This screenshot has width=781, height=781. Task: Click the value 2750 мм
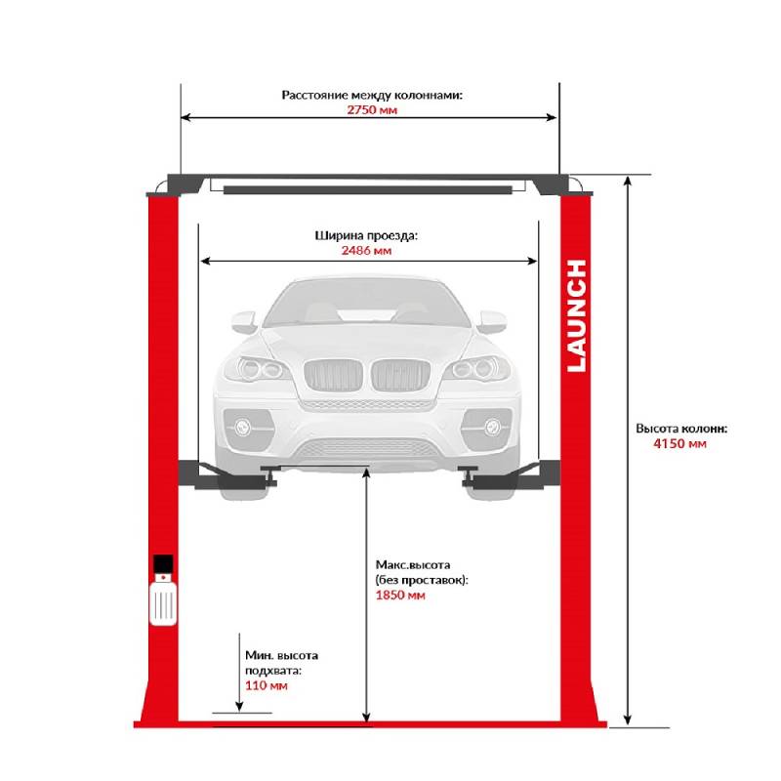(x=371, y=110)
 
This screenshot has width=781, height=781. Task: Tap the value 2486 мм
(x=368, y=251)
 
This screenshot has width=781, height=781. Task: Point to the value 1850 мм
(x=400, y=595)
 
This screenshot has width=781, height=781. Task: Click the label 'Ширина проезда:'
(x=368, y=235)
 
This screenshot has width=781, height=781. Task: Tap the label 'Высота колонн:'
(x=681, y=428)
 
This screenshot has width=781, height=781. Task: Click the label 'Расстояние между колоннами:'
(x=372, y=96)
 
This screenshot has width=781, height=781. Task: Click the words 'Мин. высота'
(x=281, y=655)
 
